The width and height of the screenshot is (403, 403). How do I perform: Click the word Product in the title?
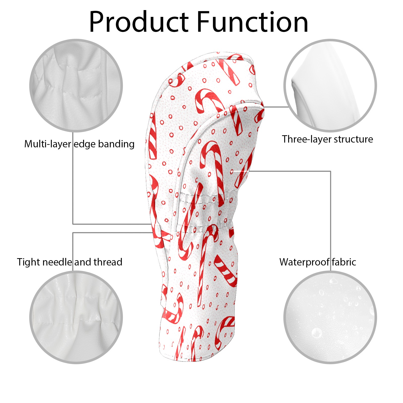(x=139, y=22)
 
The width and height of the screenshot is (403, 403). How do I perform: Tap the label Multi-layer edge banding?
(x=79, y=144)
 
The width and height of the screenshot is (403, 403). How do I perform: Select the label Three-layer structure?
(x=327, y=139)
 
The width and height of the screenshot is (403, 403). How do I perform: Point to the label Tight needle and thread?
(x=70, y=262)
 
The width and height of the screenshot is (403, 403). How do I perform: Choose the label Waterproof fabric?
(x=318, y=262)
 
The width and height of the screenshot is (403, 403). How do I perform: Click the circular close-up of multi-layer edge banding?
(x=76, y=86)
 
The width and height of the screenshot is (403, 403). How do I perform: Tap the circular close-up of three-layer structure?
(x=330, y=86)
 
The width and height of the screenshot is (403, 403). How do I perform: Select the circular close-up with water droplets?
(x=330, y=317)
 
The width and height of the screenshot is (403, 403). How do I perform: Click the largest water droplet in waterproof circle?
(x=317, y=333)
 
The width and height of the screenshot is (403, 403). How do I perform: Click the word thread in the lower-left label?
(x=108, y=262)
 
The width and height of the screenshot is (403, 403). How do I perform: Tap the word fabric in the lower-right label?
(x=344, y=262)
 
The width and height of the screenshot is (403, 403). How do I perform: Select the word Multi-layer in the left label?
(x=48, y=144)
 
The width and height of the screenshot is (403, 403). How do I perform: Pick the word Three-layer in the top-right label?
(x=307, y=139)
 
